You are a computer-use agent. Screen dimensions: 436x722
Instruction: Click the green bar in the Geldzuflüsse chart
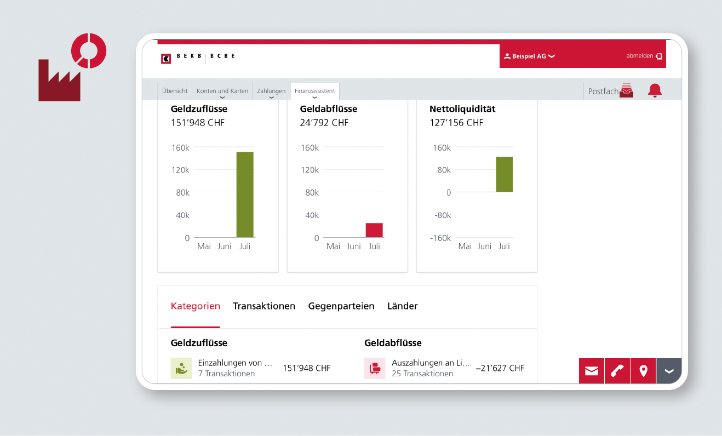245,194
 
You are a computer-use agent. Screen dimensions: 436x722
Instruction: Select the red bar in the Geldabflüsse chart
374,230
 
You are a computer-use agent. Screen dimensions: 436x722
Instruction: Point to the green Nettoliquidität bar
505,174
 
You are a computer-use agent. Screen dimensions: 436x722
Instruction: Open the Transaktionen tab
264,306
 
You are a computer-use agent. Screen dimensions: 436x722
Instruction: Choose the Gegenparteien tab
341,306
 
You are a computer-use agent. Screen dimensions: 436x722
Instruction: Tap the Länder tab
402,306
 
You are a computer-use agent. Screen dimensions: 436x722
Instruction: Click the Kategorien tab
196,306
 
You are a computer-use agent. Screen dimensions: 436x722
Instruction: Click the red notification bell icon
655,91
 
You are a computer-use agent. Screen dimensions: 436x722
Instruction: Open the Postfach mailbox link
610,91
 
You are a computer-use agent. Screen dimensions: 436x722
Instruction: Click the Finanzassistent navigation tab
314,91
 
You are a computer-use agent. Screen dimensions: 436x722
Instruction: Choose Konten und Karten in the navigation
222,91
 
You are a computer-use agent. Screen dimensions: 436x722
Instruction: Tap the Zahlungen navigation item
271,91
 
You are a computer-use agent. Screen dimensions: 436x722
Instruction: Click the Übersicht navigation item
175,91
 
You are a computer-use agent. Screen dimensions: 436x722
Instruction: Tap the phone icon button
617,371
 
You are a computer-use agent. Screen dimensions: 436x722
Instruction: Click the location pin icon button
644,371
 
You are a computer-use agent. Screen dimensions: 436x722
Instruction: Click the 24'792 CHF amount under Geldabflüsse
324,123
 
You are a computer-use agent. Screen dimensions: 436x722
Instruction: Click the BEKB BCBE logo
198,58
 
